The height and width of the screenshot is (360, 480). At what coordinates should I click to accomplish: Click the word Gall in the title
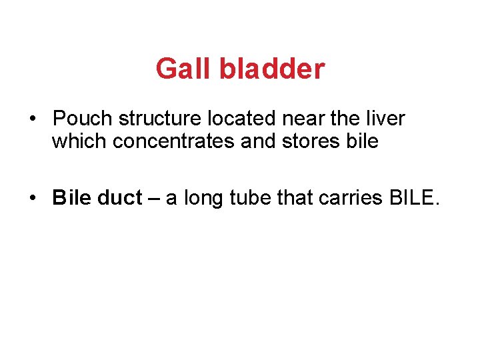pos(177,69)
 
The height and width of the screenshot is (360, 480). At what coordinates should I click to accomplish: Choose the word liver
pos(385,119)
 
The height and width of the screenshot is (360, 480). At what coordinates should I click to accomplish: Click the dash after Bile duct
pos(154,198)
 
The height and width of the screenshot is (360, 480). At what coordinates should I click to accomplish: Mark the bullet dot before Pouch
pos(33,119)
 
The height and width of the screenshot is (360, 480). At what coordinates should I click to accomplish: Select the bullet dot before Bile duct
pos(33,198)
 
